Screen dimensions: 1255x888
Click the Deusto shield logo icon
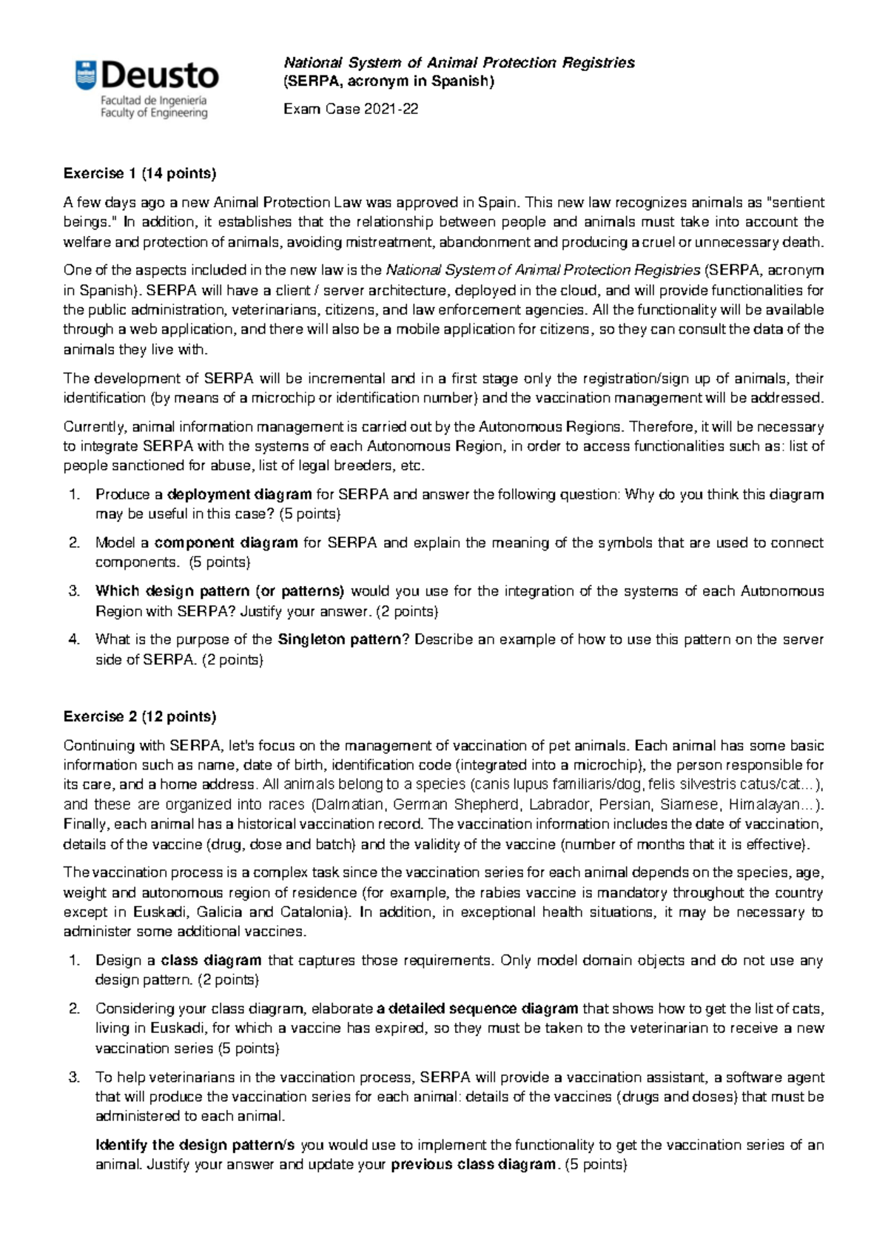coord(86,76)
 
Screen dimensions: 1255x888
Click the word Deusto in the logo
coord(160,76)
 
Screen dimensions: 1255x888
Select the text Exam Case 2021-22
coord(351,109)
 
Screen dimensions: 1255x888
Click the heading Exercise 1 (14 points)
coord(140,173)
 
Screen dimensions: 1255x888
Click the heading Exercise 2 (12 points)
coord(140,716)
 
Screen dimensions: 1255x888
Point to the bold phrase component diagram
coord(226,542)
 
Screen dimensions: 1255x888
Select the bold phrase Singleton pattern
coord(338,639)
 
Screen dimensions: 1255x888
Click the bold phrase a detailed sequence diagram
coord(477,1009)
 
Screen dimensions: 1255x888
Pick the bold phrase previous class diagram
coord(473,1164)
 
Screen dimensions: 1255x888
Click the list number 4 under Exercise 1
coord(73,639)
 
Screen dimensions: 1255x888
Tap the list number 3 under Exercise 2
coord(73,1077)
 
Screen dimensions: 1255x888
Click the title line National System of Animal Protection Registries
coord(460,63)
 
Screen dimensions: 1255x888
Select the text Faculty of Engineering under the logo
coord(154,113)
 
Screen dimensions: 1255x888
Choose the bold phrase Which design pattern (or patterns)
coord(220,591)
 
